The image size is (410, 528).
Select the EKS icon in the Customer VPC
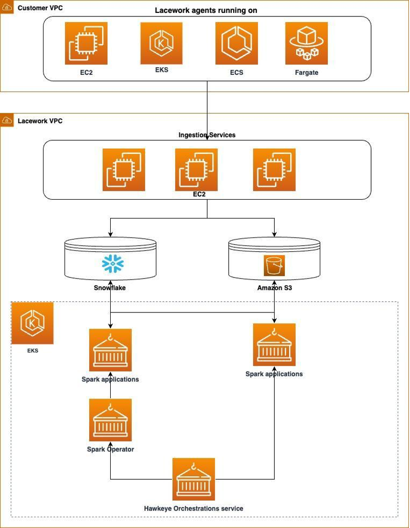pyautogui.click(x=161, y=43)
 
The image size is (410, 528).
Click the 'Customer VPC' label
pyautogui.click(x=40, y=9)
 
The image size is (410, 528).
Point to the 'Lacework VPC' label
pyautogui.click(x=40, y=121)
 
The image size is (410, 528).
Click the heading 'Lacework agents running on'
pyautogui.click(x=206, y=10)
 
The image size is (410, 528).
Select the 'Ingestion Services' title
pyautogui.click(x=207, y=135)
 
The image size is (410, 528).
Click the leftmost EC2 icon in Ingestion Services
pyautogui.click(x=124, y=170)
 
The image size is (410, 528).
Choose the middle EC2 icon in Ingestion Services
pyautogui.click(x=196, y=170)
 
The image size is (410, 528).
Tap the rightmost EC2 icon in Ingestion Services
pyautogui.click(x=274, y=170)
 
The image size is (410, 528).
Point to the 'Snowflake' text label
pyautogui.click(x=110, y=288)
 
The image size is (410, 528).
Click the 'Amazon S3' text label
pyautogui.click(x=274, y=288)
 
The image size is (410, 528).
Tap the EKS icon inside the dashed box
pyautogui.click(x=32, y=323)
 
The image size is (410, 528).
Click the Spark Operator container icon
pyautogui.click(x=110, y=420)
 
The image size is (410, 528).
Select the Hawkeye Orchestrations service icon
pyautogui.click(x=194, y=480)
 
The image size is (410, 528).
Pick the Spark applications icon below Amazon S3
pyautogui.click(x=274, y=345)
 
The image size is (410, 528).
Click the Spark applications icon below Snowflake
pyautogui.click(x=110, y=350)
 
